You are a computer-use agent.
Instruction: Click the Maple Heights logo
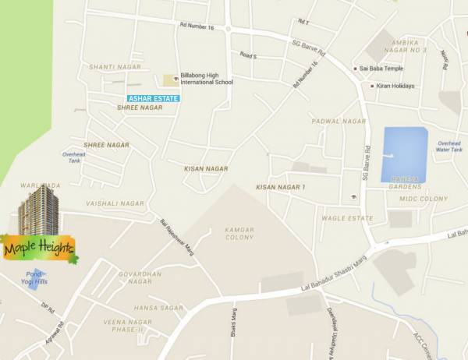point(39,249)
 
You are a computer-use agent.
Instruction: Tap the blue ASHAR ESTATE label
point(154,98)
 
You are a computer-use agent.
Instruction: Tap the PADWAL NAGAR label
point(339,122)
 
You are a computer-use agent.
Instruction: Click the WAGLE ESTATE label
point(347,218)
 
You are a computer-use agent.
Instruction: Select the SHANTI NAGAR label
point(115,67)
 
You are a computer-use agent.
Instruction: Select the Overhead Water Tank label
point(449,146)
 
